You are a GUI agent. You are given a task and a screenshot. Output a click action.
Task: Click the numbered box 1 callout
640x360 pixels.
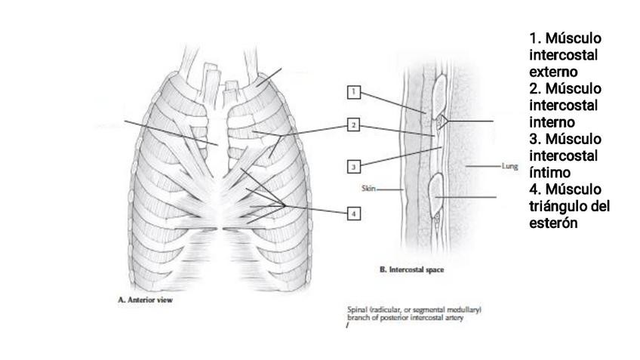(x=353, y=92)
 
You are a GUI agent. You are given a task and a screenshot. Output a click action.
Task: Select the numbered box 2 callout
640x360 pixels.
(x=353, y=125)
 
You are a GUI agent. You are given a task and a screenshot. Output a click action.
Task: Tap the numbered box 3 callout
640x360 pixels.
(x=353, y=166)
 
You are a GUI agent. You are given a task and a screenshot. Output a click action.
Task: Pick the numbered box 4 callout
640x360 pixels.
(x=353, y=214)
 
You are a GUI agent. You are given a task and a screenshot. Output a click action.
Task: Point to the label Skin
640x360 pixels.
(x=369, y=189)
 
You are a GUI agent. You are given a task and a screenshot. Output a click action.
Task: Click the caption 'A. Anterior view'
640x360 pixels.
(x=146, y=300)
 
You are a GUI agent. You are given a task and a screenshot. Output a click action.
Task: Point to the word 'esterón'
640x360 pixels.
(x=554, y=223)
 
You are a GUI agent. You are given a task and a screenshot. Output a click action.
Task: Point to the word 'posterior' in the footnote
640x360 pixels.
(x=396, y=317)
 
